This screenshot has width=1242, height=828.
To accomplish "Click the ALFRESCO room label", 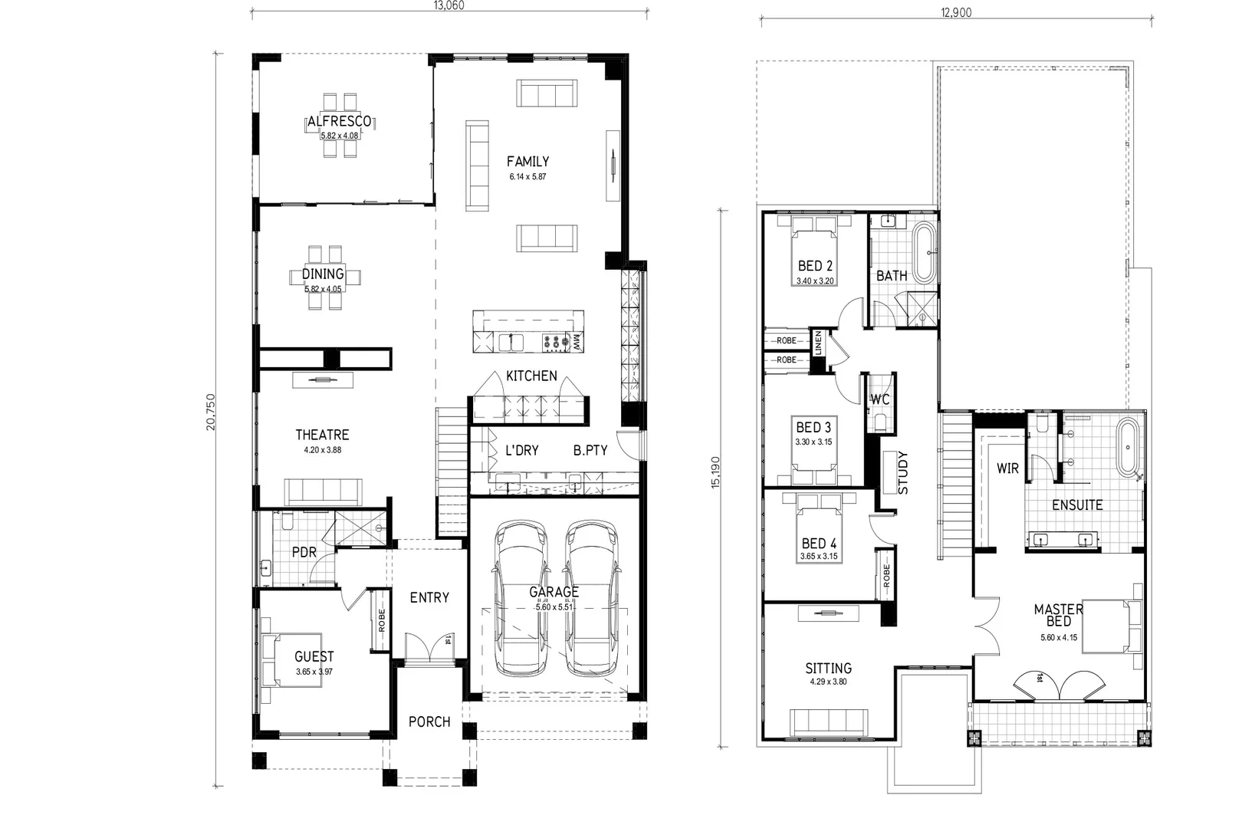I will pos(340,121).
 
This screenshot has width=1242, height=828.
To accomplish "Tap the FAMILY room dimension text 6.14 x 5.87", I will pos(527,176).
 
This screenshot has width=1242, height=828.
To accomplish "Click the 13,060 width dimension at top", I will pos(449,5).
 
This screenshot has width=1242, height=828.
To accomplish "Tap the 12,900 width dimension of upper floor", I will pos(956,12).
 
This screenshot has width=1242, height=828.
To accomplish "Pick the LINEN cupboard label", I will pos(819,342).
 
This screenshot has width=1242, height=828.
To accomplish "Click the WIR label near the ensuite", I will pos(1007,468).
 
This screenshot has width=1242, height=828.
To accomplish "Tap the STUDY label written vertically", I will pos(902,473).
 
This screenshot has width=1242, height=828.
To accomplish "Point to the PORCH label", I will pos(429,721).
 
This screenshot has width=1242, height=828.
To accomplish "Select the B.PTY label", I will pos(590,451).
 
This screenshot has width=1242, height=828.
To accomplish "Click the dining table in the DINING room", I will pos(324,278).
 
